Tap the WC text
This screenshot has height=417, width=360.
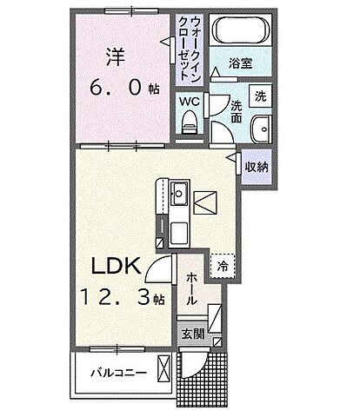coord(190,101)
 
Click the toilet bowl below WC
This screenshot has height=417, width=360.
coord(190,124)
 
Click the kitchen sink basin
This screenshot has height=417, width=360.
coord(179,193)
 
